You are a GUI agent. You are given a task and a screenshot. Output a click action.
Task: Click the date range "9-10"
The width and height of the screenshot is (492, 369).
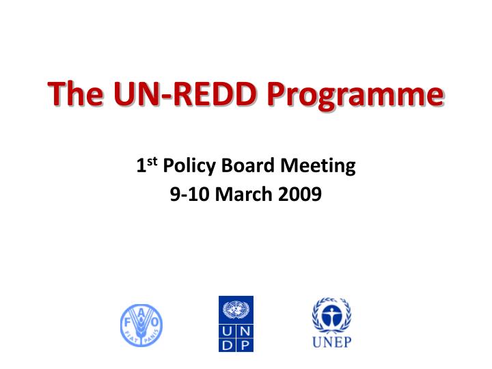click(190, 195)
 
